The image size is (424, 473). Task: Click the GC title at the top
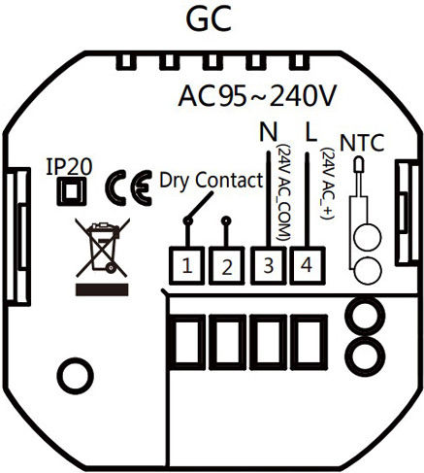tap(209, 18)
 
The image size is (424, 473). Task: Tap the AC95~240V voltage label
tap(258, 96)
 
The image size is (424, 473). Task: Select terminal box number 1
tap(187, 266)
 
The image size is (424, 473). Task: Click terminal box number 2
tap(227, 266)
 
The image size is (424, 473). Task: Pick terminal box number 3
tap(269, 266)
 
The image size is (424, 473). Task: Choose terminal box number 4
tap(307, 266)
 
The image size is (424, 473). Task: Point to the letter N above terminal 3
tap(269, 131)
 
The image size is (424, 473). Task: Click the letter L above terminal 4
tap(310, 131)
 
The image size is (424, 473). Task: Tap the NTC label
tap(362, 143)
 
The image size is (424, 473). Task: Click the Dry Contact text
tap(212, 180)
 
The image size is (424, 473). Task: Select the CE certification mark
tap(128, 187)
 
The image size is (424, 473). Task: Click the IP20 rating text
tap(69, 167)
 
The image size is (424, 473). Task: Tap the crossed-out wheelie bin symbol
tap(102, 248)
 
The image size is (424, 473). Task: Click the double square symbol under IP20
tap(72, 191)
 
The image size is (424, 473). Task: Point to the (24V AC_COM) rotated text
tap(284, 192)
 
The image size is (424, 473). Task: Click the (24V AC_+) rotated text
tap(327, 184)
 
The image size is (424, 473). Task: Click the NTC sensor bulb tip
tap(359, 165)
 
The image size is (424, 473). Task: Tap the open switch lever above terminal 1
tap(200, 206)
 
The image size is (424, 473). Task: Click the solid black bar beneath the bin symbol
tap(102, 289)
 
